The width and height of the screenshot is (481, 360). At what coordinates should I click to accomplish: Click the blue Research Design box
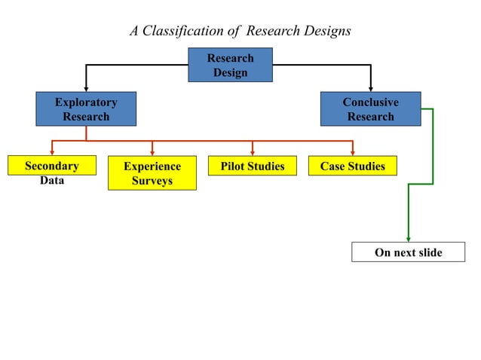pyautogui.click(x=230, y=65)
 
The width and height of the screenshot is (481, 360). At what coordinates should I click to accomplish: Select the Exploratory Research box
pyautogui.click(x=86, y=109)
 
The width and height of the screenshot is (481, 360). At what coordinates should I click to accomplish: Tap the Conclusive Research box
pyautogui.click(x=370, y=109)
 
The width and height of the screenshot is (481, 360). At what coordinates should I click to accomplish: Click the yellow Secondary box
pyautogui.click(x=51, y=166)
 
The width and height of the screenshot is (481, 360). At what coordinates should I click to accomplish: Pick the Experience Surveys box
pyautogui.click(x=152, y=173)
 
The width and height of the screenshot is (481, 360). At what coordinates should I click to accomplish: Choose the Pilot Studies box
pyautogui.click(x=253, y=166)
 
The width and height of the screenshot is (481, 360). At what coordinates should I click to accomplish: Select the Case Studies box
pyautogui.click(x=352, y=166)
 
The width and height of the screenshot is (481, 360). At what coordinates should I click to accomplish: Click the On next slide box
pyautogui.click(x=408, y=252)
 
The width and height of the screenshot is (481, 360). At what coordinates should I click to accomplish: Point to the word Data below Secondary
pyautogui.click(x=52, y=181)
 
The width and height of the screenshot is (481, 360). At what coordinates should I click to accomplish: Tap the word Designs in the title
pyautogui.click(x=328, y=31)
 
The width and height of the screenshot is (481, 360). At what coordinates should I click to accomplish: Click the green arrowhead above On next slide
pyautogui.click(x=408, y=238)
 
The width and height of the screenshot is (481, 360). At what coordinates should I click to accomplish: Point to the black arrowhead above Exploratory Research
pyautogui.click(x=86, y=88)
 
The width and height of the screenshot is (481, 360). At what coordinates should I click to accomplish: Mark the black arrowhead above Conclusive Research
pyautogui.click(x=370, y=88)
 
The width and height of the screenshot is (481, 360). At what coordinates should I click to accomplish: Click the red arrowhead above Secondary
pyautogui.click(x=52, y=152)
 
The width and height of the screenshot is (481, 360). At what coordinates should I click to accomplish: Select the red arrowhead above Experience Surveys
pyautogui.click(x=152, y=152)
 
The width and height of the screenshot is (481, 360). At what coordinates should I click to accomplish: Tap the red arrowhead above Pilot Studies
pyautogui.click(x=253, y=152)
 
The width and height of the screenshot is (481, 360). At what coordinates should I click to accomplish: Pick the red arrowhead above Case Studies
pyautogui.click(x=352, y=152)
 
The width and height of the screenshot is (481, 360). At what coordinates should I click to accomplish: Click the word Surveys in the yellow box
pyautogui.click(x=152, y=181)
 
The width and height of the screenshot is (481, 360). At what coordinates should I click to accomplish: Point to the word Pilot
pyautogui.click(x=234, y=166)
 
